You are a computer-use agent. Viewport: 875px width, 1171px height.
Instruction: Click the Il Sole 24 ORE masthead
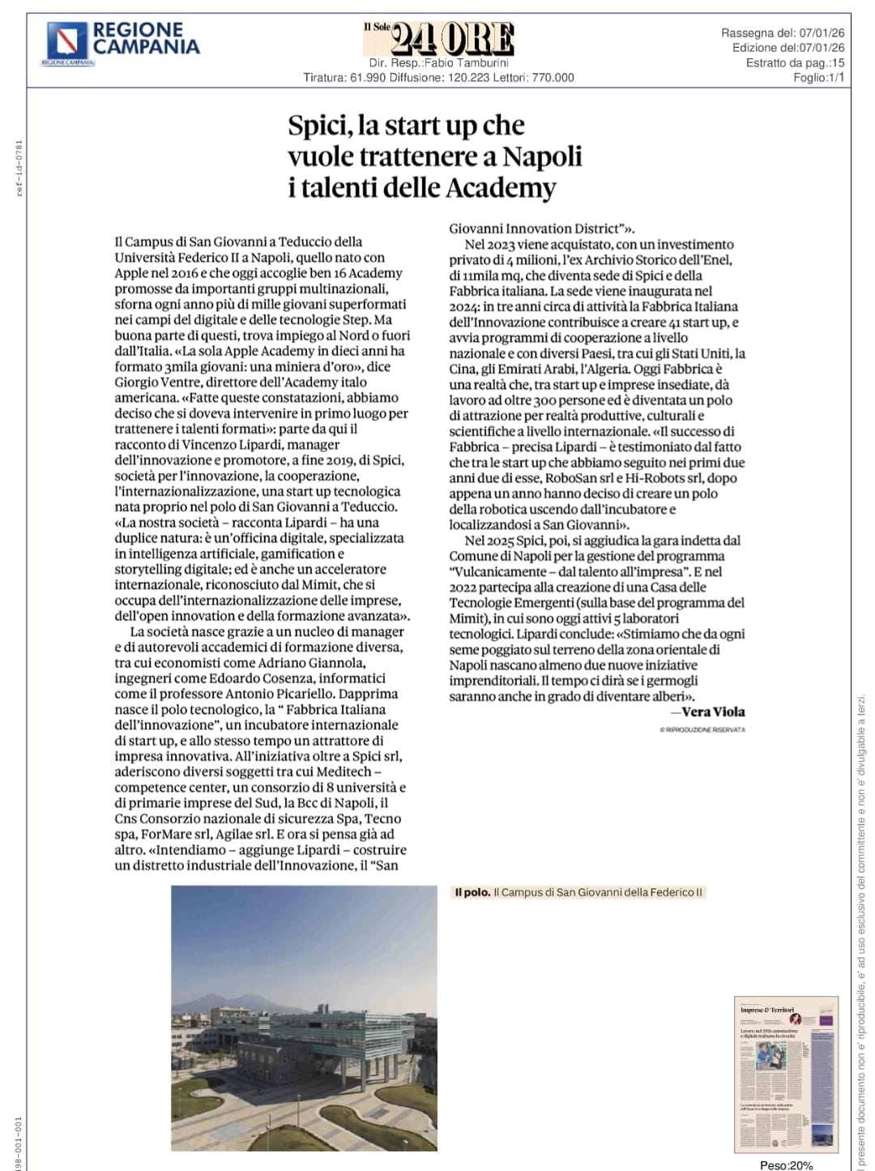click(439, 39)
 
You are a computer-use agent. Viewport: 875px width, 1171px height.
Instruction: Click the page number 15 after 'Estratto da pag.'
click(838, 63)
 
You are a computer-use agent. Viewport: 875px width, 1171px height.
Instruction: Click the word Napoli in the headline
click(542, 156)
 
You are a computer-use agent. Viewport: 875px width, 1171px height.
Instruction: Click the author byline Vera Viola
click(713, 712)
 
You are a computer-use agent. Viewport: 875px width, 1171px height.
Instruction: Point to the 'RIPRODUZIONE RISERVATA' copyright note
click(703, 730)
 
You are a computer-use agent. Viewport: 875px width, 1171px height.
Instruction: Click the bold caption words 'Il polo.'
click(472, 892)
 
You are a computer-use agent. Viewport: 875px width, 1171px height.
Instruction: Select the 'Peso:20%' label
click(786, 1165)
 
